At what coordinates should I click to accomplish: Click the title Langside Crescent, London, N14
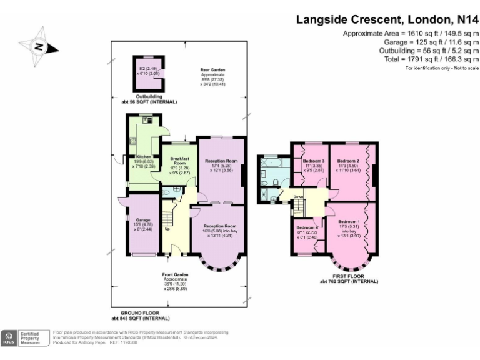387,20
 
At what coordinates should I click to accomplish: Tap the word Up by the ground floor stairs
167,229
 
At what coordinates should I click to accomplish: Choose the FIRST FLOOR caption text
349,276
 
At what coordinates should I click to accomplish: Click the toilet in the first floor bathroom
276,182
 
